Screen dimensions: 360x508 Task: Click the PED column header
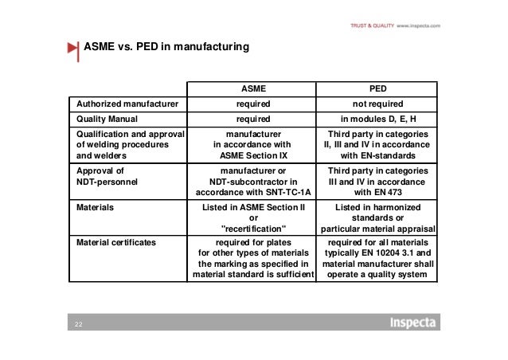[x=377, y=88]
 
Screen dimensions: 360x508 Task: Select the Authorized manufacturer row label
[x=127, y=104]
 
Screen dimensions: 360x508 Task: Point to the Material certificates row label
[x=116, y=240]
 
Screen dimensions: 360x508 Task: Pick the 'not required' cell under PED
[x=377, y=104]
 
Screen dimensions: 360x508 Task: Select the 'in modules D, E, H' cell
[x=377, y=119]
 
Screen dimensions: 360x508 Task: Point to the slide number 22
[x=79, y=325]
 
